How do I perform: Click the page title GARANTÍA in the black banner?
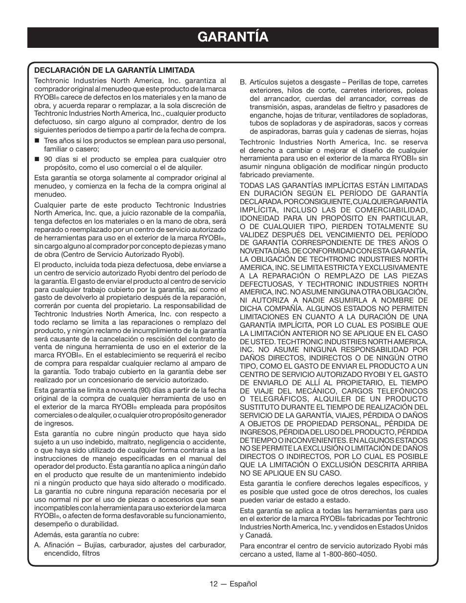(x=233, y=37)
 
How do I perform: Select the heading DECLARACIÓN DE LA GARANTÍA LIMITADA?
(x=114, y=70)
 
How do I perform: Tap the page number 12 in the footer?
(x=214, y=584)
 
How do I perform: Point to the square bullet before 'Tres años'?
(x=37, y=141)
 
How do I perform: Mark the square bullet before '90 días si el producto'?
(x=37, y=160)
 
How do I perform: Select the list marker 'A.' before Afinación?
(x=38, y=545)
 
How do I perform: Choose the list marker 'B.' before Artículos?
(x=243, y=83)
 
